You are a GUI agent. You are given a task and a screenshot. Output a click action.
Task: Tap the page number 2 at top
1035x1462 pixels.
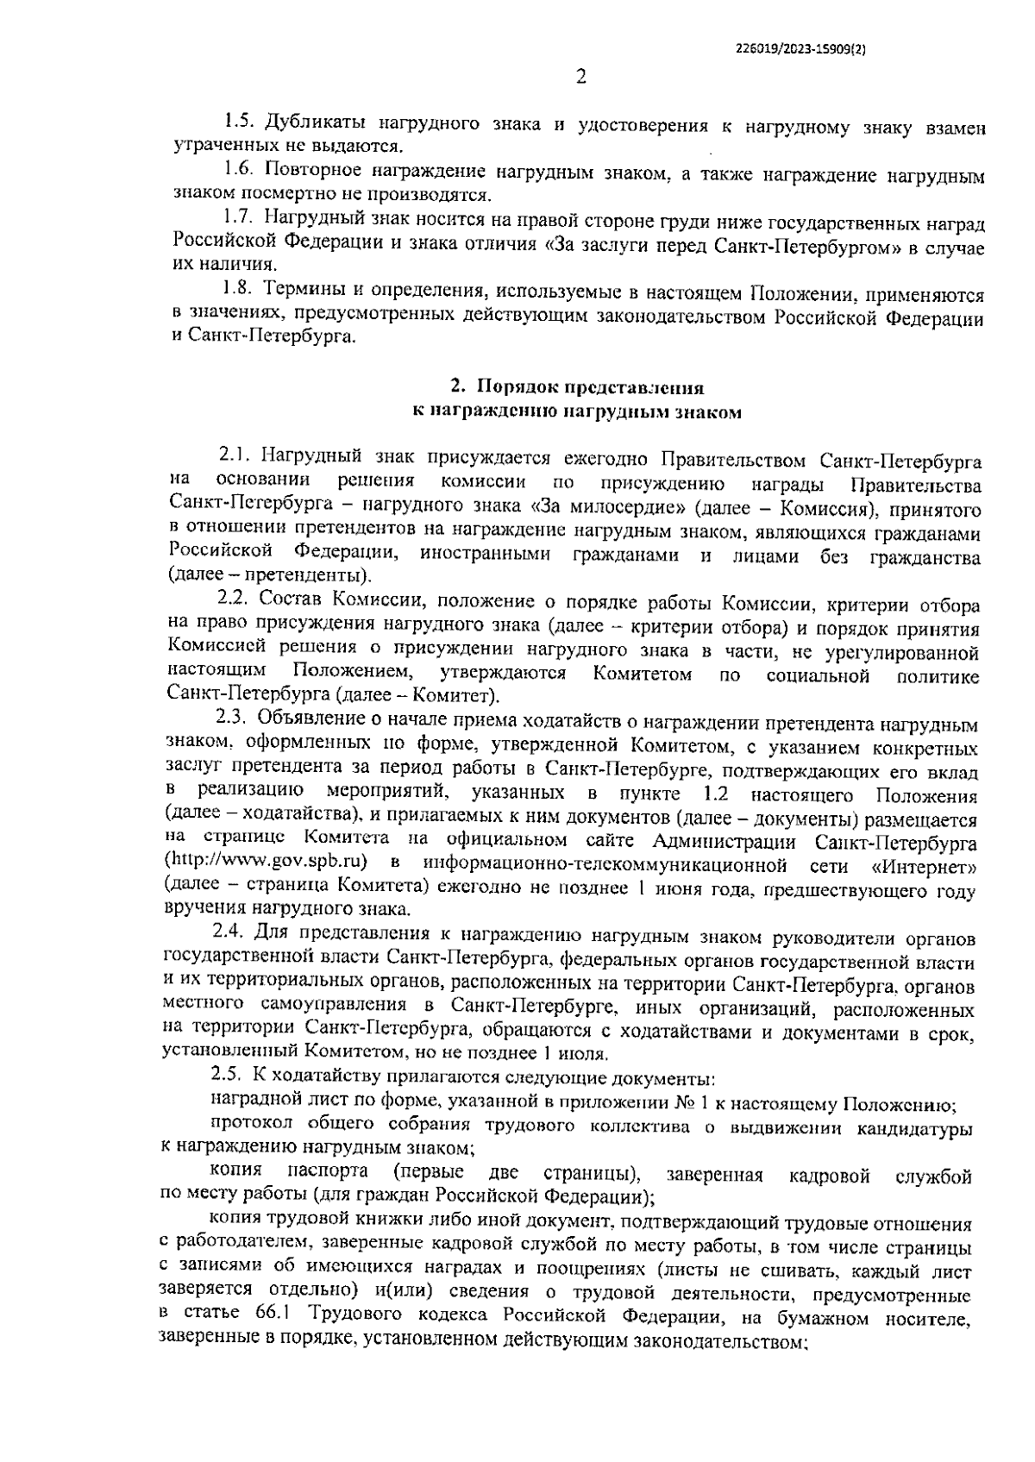coord(580,78)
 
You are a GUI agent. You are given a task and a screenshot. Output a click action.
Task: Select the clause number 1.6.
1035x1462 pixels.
coord(237,174)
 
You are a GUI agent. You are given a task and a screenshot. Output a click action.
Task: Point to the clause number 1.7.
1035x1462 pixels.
coord(237,223)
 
